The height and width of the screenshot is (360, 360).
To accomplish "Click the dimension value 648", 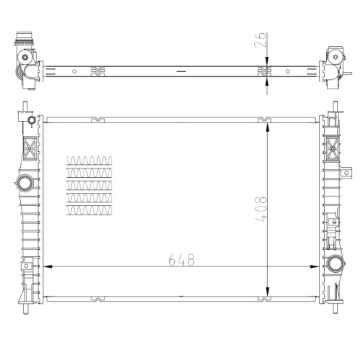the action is (181, 260).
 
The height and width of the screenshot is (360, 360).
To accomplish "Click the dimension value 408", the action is (261, 209).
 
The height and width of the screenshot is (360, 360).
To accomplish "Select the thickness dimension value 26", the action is (261, 40).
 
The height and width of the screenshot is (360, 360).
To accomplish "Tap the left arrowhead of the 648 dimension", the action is (48, 266).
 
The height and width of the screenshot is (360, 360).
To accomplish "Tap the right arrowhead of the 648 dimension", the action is (315, 266).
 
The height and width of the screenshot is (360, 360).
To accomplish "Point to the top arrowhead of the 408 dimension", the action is (267, 127).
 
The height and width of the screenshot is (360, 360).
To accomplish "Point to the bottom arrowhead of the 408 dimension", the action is (267, 292).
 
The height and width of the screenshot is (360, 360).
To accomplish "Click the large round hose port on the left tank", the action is (25, 184).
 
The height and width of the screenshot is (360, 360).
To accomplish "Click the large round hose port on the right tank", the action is (336, 264).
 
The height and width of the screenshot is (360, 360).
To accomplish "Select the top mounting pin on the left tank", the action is (25, 107).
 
